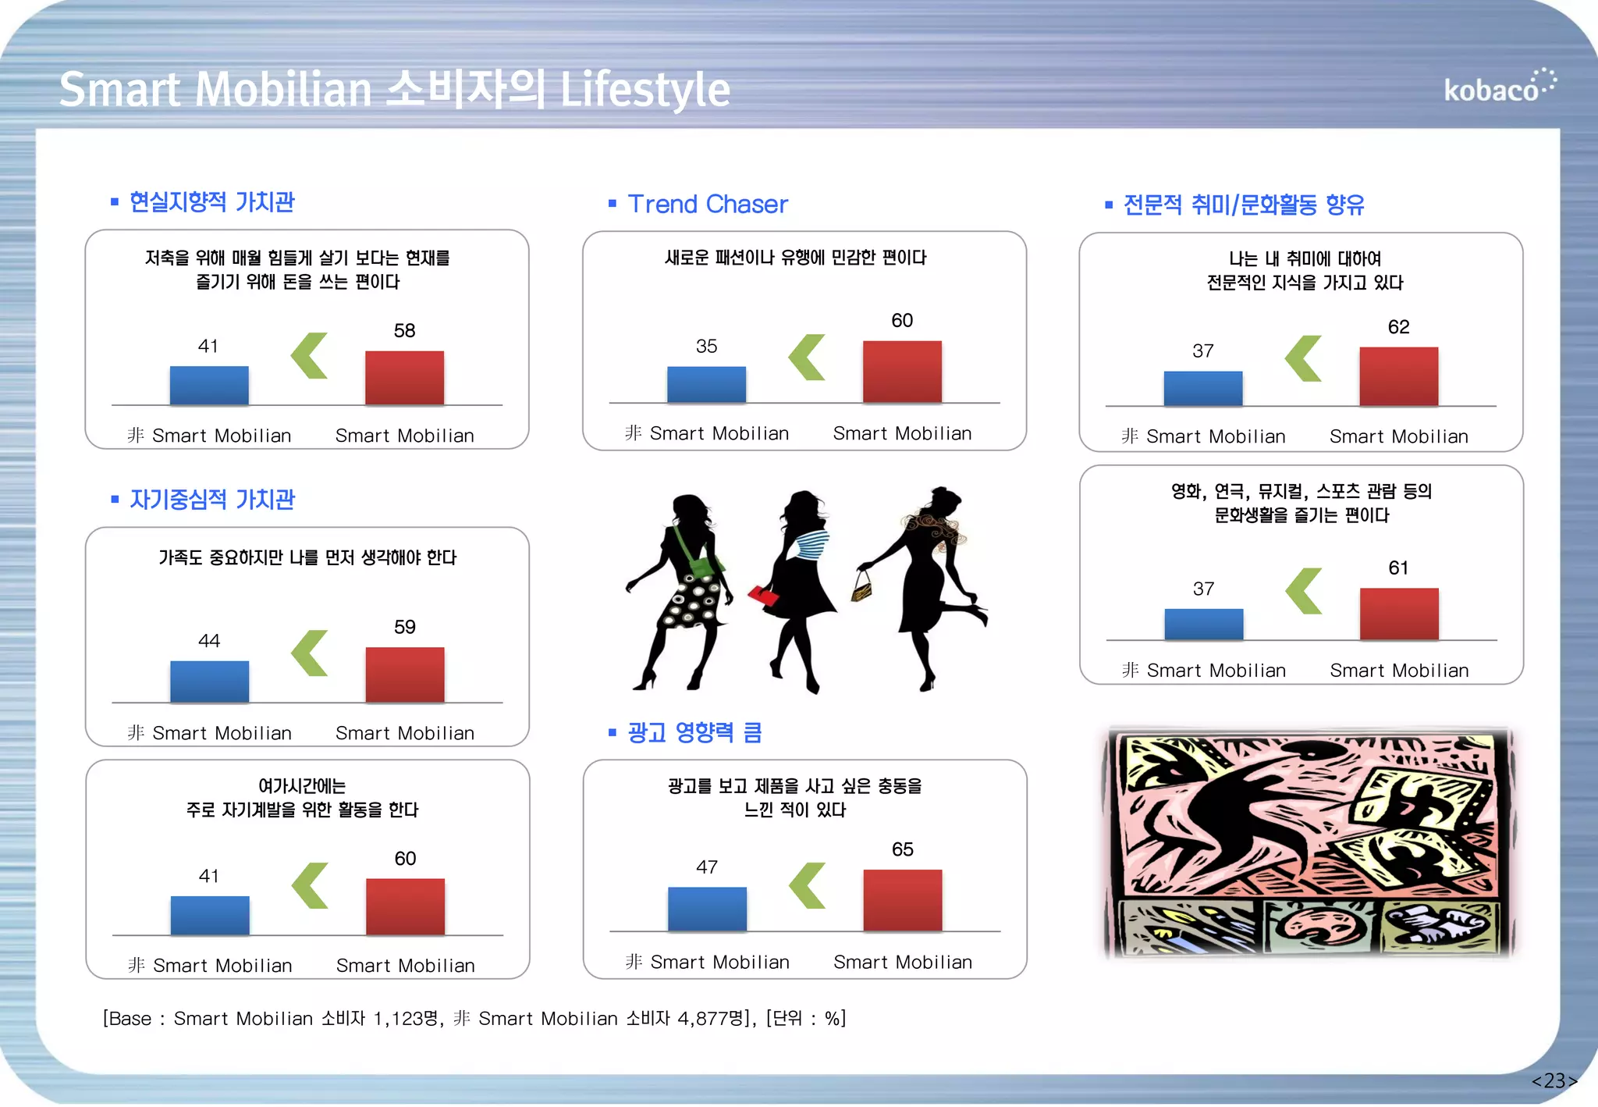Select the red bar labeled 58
404,378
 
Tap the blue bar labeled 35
706,384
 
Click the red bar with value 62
1398,376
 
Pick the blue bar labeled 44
209,681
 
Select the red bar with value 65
902,899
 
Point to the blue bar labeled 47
707,908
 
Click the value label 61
1398,568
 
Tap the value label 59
404,627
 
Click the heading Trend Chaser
708,204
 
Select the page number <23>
1554,1080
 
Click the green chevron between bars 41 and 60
310,885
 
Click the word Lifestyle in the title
645,90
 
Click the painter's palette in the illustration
1319,926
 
